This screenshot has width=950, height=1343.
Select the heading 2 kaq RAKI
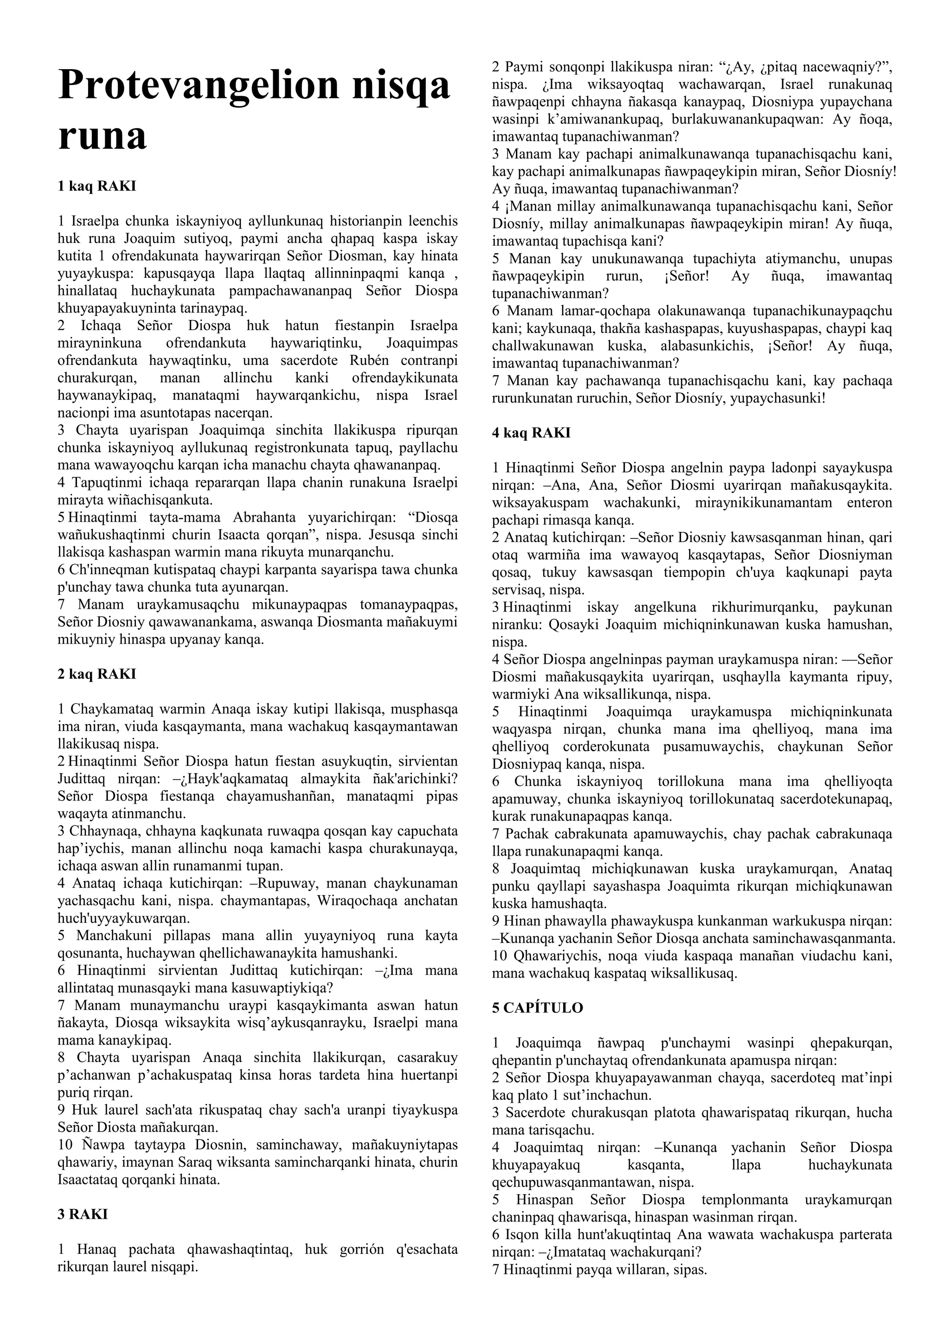click(x=96, y=674)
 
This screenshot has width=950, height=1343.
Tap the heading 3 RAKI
click(x=83, y=1215)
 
